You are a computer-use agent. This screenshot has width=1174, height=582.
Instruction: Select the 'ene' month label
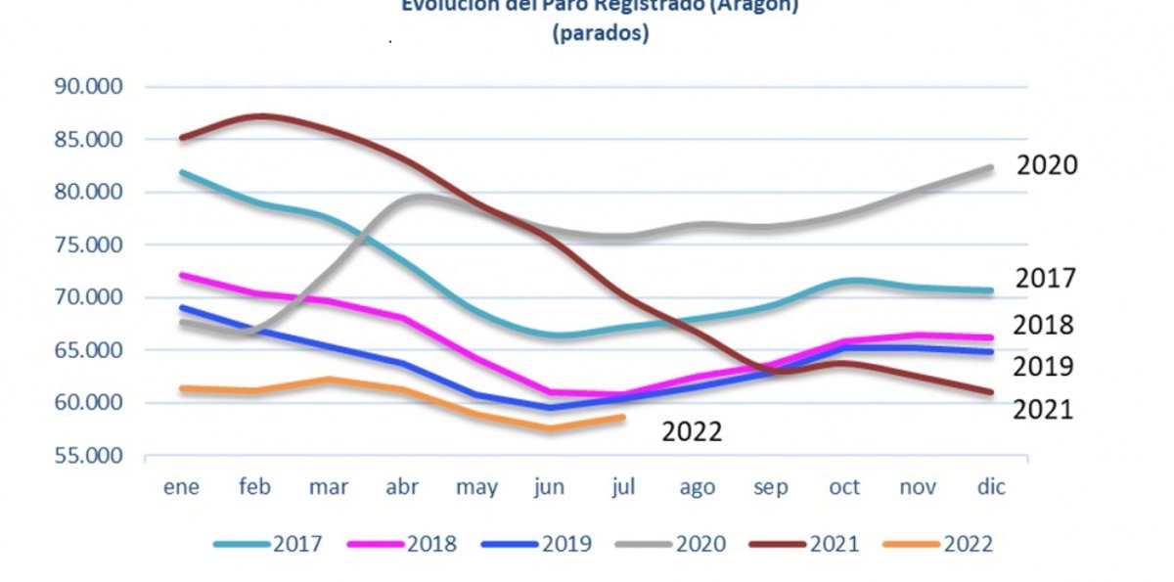tap(182, 487)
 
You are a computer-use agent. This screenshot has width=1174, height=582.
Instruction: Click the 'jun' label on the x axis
tap(550, 487)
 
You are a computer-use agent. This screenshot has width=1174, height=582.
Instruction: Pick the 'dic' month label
tap(991, 487)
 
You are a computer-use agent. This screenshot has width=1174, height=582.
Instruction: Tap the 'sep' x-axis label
tap(771, 487)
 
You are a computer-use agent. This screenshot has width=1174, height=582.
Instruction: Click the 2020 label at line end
tap(1047, 165)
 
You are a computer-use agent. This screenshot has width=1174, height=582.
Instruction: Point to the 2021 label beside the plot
tap(1043, 409)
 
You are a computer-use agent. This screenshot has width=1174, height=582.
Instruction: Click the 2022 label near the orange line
tap(692, 431)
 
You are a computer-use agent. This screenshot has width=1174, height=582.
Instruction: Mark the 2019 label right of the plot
tap(1044, 367)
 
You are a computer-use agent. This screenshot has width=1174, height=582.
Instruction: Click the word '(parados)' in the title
tap(600, 33)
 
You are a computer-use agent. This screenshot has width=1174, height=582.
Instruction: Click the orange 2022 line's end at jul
tap(623, 417)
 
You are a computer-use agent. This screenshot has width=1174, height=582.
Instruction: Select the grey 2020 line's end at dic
tap(990, 168)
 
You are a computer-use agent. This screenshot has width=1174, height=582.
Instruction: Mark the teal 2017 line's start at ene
tap(182, 173)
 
